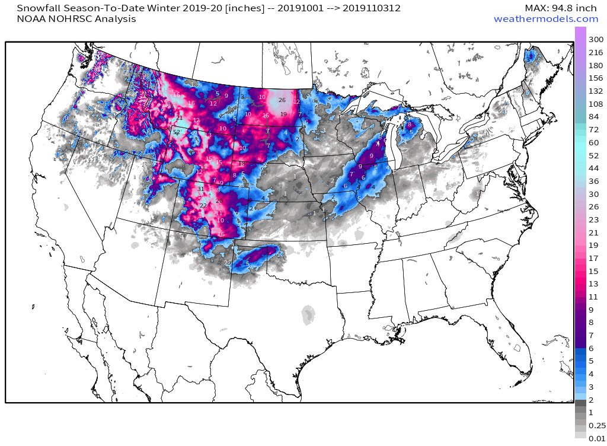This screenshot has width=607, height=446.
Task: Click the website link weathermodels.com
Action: (546, 19)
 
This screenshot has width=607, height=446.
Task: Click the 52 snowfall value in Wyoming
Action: (177, 132)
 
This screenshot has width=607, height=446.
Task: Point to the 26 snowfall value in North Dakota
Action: (282, 100)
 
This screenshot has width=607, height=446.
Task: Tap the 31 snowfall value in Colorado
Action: (200, 189)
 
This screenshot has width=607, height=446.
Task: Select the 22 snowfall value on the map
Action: (203, 205)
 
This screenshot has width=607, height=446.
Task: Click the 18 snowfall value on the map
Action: (241, 163)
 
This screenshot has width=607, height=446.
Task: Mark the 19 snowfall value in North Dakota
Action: (283, 114)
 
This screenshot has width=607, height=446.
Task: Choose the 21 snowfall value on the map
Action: (179, 118)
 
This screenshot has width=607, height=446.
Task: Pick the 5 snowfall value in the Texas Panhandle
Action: (247, 263)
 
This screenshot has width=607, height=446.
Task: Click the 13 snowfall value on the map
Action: (208, 135)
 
